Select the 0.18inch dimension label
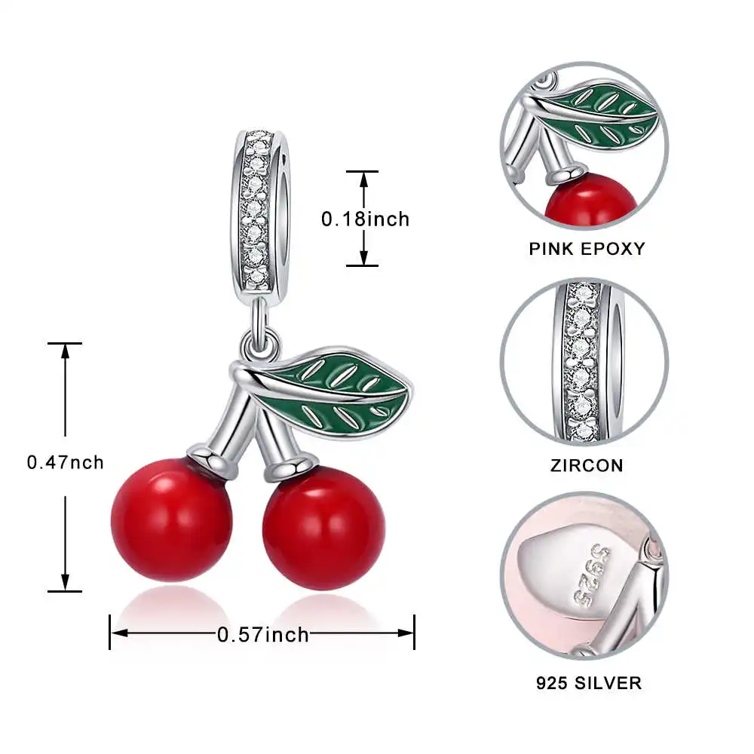(x=365, y=219)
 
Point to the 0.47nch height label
(x=66, y=462)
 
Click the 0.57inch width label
(x=263, y=634)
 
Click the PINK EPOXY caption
(x=587, y=248)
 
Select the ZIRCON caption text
(x=587, y=465)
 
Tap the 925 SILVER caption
(x=588, y=683)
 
